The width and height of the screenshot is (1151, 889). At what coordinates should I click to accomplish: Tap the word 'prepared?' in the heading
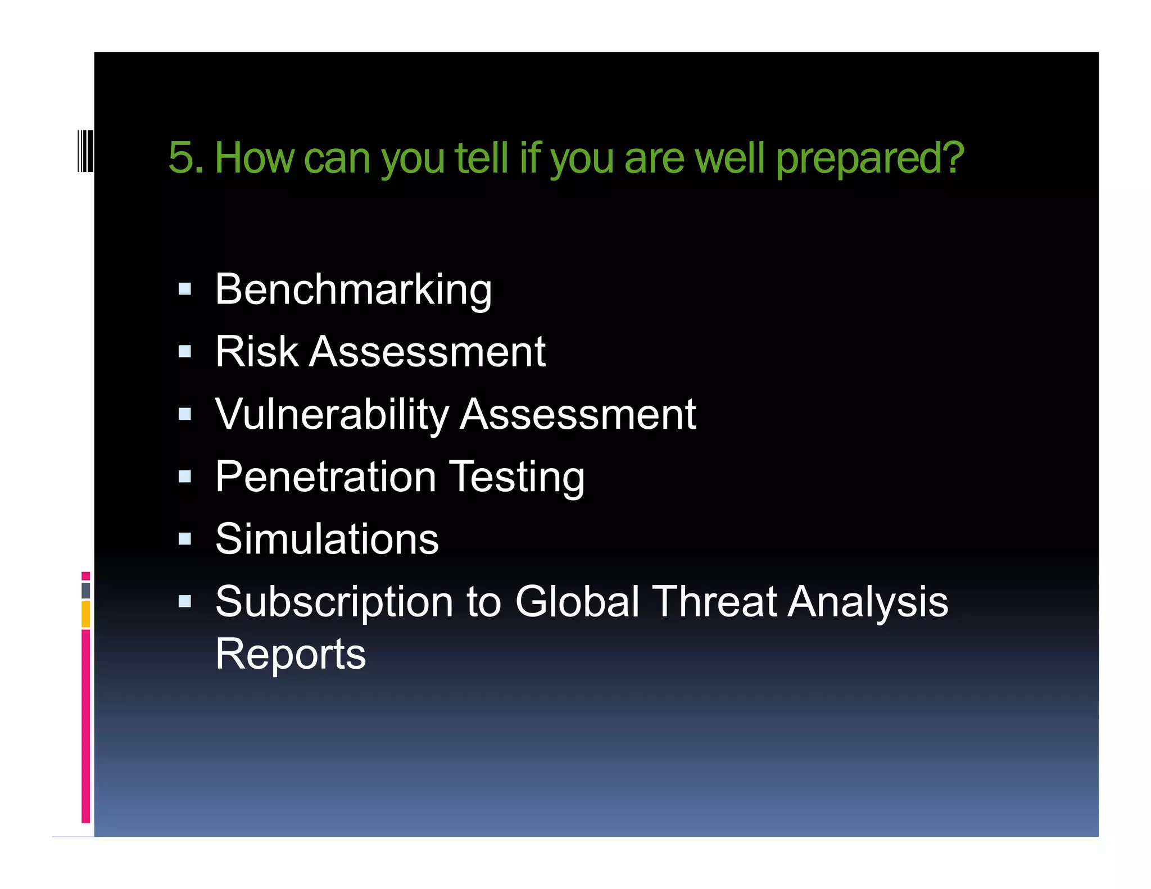(869, 160)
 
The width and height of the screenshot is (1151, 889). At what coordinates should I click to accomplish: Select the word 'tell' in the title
(481, 158)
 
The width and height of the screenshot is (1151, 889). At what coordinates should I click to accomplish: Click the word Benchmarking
(354, 291)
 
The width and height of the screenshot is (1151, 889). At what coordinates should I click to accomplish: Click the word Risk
(256, 352)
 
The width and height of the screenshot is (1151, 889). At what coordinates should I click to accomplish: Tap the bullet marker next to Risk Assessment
(184, 352)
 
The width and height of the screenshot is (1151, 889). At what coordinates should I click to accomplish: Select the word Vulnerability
(332, 415)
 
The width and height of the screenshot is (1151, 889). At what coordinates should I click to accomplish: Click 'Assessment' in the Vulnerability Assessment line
(578, 415)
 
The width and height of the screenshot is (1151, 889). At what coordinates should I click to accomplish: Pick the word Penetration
(326, 478)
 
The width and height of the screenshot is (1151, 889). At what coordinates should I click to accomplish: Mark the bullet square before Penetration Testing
(184, 477)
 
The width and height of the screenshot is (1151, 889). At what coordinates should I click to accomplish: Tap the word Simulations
(327, 539)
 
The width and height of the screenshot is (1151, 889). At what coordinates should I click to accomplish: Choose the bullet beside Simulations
(184, 539)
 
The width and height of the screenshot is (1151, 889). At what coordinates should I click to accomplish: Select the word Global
(577, 602)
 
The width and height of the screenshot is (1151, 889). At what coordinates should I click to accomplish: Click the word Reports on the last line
(291, 654)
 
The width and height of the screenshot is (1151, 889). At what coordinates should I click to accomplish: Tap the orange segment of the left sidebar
(85, 614)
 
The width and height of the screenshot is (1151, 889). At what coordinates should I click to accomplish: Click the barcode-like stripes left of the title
(85, 150)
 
